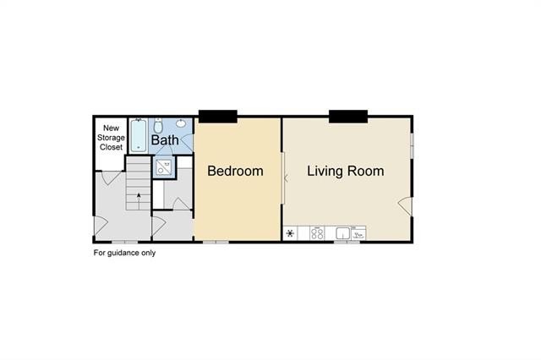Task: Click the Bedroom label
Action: point(235,171)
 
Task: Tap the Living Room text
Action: point(345,171)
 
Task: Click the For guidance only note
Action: point(124,253)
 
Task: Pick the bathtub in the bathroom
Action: point(138,134)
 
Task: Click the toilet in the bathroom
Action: point(158,124)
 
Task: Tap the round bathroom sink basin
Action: point(182,123)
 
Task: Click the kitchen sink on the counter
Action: point(344,233)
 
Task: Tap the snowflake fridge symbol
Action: point(292,233)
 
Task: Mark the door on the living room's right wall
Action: point(406,205)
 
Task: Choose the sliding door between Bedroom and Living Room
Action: point(284,177)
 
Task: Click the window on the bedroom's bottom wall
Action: point(216,242)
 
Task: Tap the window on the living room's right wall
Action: point(412,143)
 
